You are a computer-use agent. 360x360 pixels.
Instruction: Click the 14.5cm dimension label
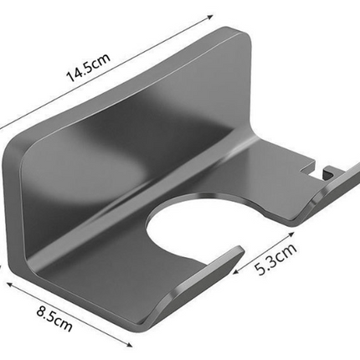coord(88,68)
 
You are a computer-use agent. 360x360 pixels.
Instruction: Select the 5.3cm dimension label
coord(275,260)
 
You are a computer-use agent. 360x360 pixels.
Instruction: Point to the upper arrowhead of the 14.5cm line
coord(210,17)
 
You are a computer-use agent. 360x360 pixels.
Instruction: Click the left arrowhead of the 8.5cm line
coord(10,285)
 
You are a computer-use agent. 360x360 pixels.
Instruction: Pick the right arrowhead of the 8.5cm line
coord(129,345)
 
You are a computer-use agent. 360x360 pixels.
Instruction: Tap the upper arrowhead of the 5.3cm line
coord(291,234)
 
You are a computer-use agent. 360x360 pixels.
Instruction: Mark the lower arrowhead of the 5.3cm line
coord(236,271)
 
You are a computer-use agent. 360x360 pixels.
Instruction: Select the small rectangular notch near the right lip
coord(316,169)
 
